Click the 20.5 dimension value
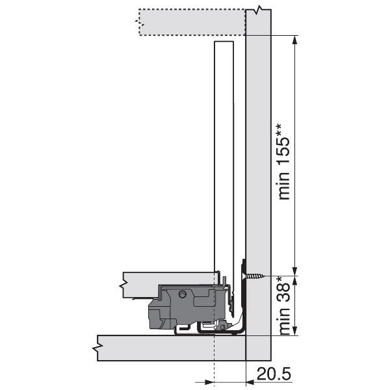point(274,374)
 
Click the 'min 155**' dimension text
point(284,161)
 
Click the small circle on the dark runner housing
point(183,294)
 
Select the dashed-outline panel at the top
point(192,22)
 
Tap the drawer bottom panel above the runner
point(169,284)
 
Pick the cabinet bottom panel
point(172,348)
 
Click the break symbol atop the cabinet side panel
point(259,10)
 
